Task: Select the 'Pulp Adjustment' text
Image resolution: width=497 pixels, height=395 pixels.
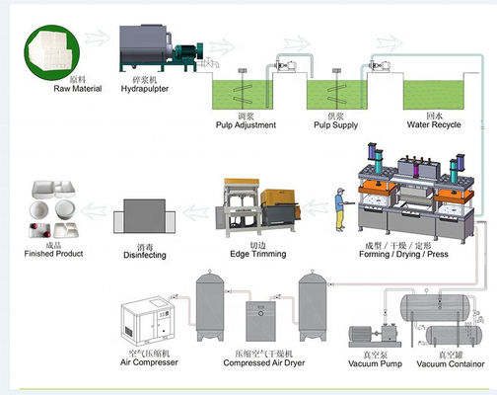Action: pos(247,125)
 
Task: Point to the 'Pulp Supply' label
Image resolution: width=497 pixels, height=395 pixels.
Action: pos(337,125)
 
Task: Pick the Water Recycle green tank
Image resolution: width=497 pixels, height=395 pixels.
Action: pos(433,94)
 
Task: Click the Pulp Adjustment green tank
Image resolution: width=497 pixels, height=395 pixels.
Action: pos(247,94)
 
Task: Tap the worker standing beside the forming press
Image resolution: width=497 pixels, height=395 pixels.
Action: pos(340,208)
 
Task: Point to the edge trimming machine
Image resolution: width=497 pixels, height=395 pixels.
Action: pos(258,207)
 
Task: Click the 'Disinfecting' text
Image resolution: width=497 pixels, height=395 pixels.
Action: pos(145,255)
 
